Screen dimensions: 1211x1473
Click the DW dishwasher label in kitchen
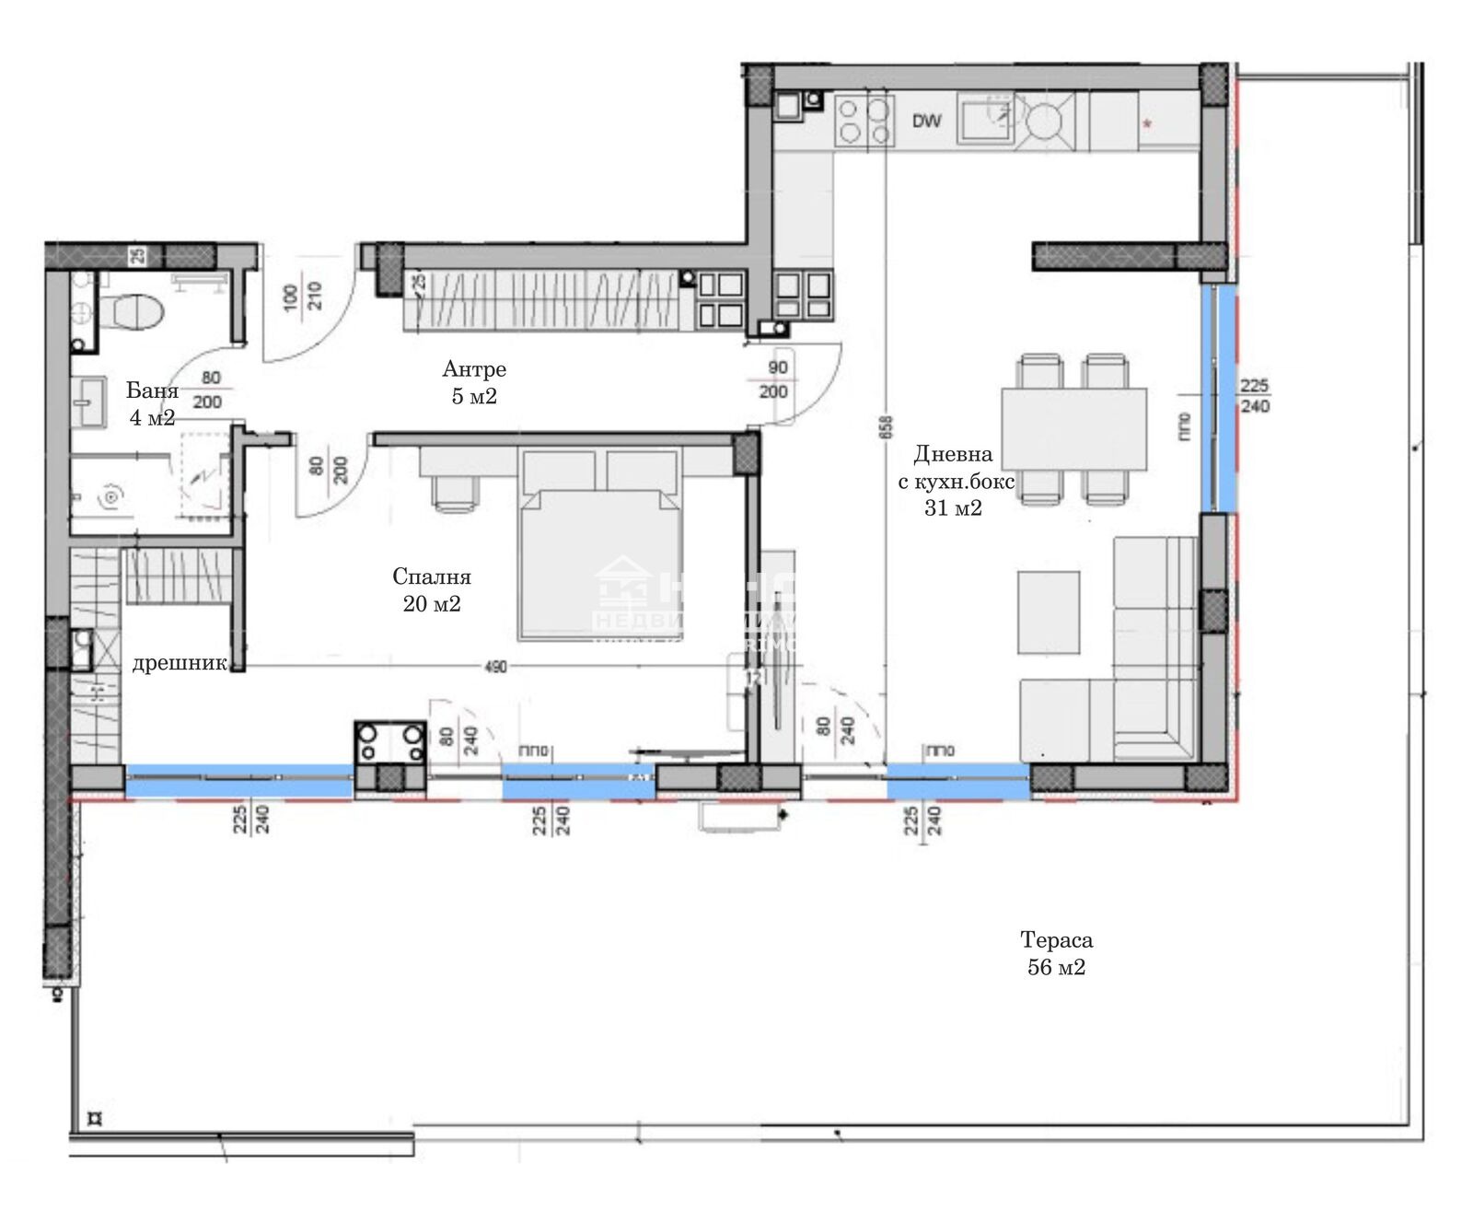[927, 121]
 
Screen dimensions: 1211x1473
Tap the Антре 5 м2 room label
[474, 383]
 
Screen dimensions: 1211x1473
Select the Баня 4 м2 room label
[152, 404]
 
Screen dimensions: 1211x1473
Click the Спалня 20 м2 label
[432, 590]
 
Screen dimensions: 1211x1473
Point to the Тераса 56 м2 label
[1056, 953]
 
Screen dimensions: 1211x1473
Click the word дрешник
[179, 664]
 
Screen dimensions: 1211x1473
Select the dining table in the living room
[1073, 428]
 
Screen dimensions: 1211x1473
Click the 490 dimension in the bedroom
[495, 667]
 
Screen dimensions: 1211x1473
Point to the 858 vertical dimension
[886, 428]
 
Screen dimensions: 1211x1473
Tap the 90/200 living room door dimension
[777, 379]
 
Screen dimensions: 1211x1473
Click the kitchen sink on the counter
[985, 121]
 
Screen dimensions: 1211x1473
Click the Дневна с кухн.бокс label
[954, 480]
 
